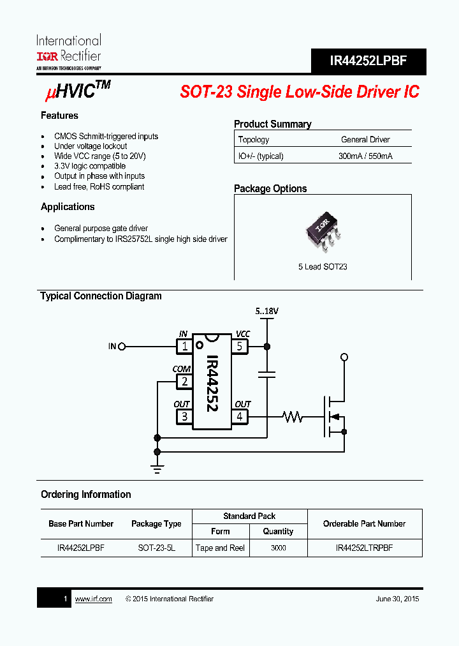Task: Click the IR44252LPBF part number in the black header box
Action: pyautogui.click(x=368, y=61)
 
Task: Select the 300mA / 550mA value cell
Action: pyautogui.click(x=365, y=156)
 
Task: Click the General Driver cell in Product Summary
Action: pyautogui.click(x=365, y=139)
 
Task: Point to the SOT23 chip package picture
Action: pyautogui.click(x=323, y=233)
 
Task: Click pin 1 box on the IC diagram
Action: pyautogui.click(x=184, y=347)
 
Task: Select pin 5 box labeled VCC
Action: pyautogui.click(x=240, y=347)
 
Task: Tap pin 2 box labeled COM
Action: pyautogui.click(x=184, y=382)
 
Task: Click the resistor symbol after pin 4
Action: pyautogui.click(x=293, y=417)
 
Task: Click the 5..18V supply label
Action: pyautogui.click(x=267, y=312)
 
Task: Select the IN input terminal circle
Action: pyautogui.click(x=122, y=347)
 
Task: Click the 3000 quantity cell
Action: pyautogui.click(x=278, y=548)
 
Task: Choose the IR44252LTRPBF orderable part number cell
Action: pyautogui.click(x=364, y=548)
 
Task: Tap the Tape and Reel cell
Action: pyautogui.click(x=221, y=548)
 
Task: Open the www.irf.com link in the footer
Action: pyautogui.click(x=93, y=599)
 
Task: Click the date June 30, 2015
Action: pyautogui.click(x=398, y=599)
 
